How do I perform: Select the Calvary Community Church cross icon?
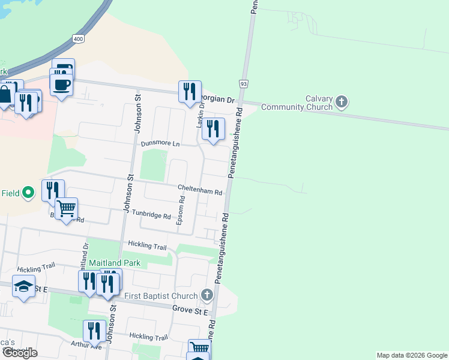[x=342, y=101]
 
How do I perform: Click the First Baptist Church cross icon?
[x=207, y=295]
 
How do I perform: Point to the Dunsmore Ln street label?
[x=160, y=144]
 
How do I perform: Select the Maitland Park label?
[x=115, y=263]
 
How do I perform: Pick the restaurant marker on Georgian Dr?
[x=190, y=92]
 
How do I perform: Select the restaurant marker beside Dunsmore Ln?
[x=213, y=129]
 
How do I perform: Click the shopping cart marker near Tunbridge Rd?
[x=66, y=209]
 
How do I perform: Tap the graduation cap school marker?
[x=23, y=287]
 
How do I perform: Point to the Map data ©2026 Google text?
[x=411, y=355]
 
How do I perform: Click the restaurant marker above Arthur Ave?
[x=94, y=331]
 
